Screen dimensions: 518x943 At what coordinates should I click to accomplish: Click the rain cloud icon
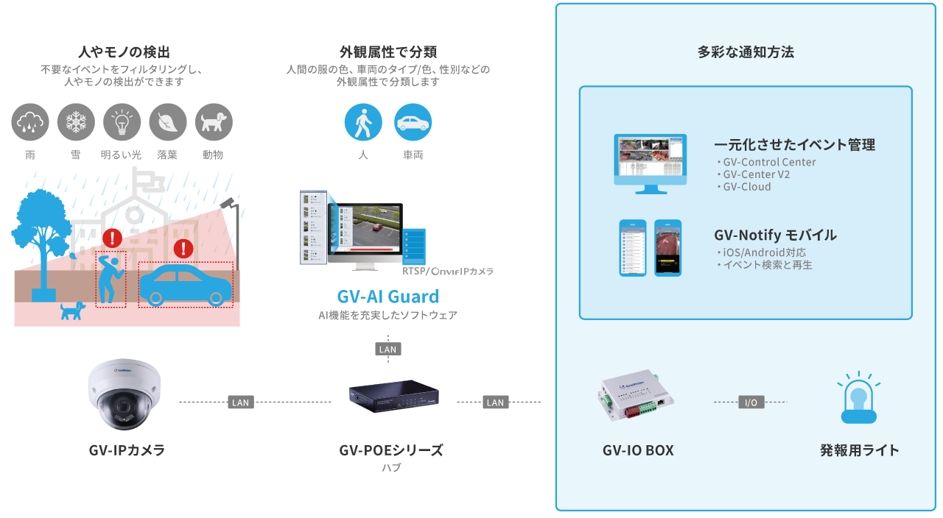(30, 122)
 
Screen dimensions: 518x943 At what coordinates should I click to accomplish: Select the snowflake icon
(76, 122)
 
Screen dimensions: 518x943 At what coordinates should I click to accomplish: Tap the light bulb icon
(122, 122)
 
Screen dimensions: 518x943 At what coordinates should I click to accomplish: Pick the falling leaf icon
(167, 122)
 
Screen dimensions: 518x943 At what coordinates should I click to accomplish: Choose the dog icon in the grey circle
(214, 122)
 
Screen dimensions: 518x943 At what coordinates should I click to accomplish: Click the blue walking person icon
(363, 122)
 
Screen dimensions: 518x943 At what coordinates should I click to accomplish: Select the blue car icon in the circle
(413, 122)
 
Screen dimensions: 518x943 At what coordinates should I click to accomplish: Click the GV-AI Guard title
(388, 297)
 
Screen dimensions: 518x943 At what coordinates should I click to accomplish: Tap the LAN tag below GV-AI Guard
(388, 350)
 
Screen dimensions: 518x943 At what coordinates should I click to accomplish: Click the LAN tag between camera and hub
(240, 402)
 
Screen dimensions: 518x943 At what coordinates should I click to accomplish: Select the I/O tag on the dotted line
(751, 402)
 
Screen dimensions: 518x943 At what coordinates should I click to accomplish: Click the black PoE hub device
(394, 395)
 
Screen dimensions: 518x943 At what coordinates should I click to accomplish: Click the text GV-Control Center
(769, 162)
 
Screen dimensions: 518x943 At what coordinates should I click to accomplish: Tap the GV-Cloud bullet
(746, 187)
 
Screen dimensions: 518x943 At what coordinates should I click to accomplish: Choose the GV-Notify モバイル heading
(775, 235)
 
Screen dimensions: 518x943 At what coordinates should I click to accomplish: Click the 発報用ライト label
(859, 450)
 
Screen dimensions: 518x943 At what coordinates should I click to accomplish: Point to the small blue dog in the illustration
(72, 311)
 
